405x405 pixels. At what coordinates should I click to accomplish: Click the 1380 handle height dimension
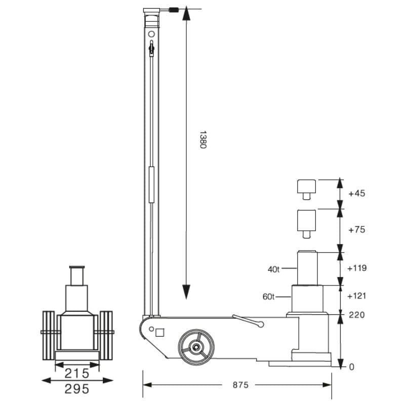(204, 140)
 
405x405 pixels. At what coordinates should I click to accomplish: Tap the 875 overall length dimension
(240, 385)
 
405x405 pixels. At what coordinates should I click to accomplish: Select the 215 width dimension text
(77, 374)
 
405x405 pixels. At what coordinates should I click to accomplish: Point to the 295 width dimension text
(77, 389)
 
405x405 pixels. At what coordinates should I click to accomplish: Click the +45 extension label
(357, 193)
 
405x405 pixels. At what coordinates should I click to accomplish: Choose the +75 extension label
(357, 229)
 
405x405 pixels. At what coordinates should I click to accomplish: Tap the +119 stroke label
(357, 268)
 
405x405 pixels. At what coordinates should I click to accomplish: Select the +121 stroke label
(357, 296)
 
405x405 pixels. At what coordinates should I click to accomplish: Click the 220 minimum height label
(357, 315)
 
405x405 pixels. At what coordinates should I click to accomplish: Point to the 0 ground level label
(351, 367)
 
